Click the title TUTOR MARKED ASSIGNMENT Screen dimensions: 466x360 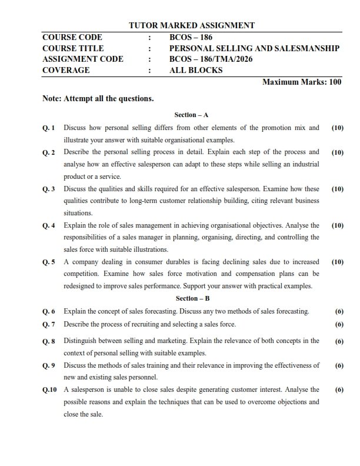coord(192,25)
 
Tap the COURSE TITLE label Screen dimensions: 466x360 coord(73,48)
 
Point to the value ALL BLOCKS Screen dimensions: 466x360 coord(196,70)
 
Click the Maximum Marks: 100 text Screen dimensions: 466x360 coord(301,82)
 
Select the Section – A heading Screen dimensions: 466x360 coord(192,115)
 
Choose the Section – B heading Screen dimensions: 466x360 coord(192,298)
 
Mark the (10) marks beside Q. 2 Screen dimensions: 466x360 coord(338,152)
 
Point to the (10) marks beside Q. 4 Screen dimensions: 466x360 coord(338,225)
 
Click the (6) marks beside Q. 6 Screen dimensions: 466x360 coord(339,311)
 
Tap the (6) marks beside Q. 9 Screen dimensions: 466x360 coord(339,365)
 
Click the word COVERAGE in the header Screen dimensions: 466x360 coord(66,70)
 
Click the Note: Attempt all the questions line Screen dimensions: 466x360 coord(98,99)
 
